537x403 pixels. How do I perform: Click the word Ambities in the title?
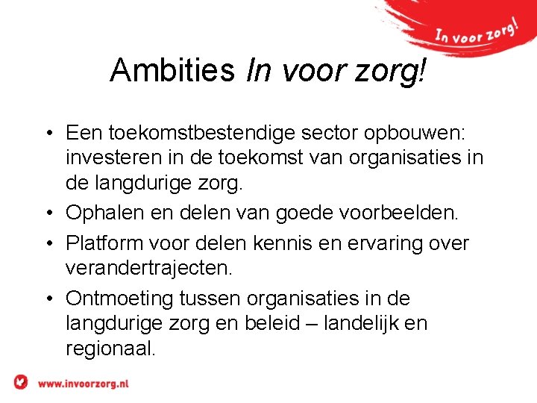tap(171, 70)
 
